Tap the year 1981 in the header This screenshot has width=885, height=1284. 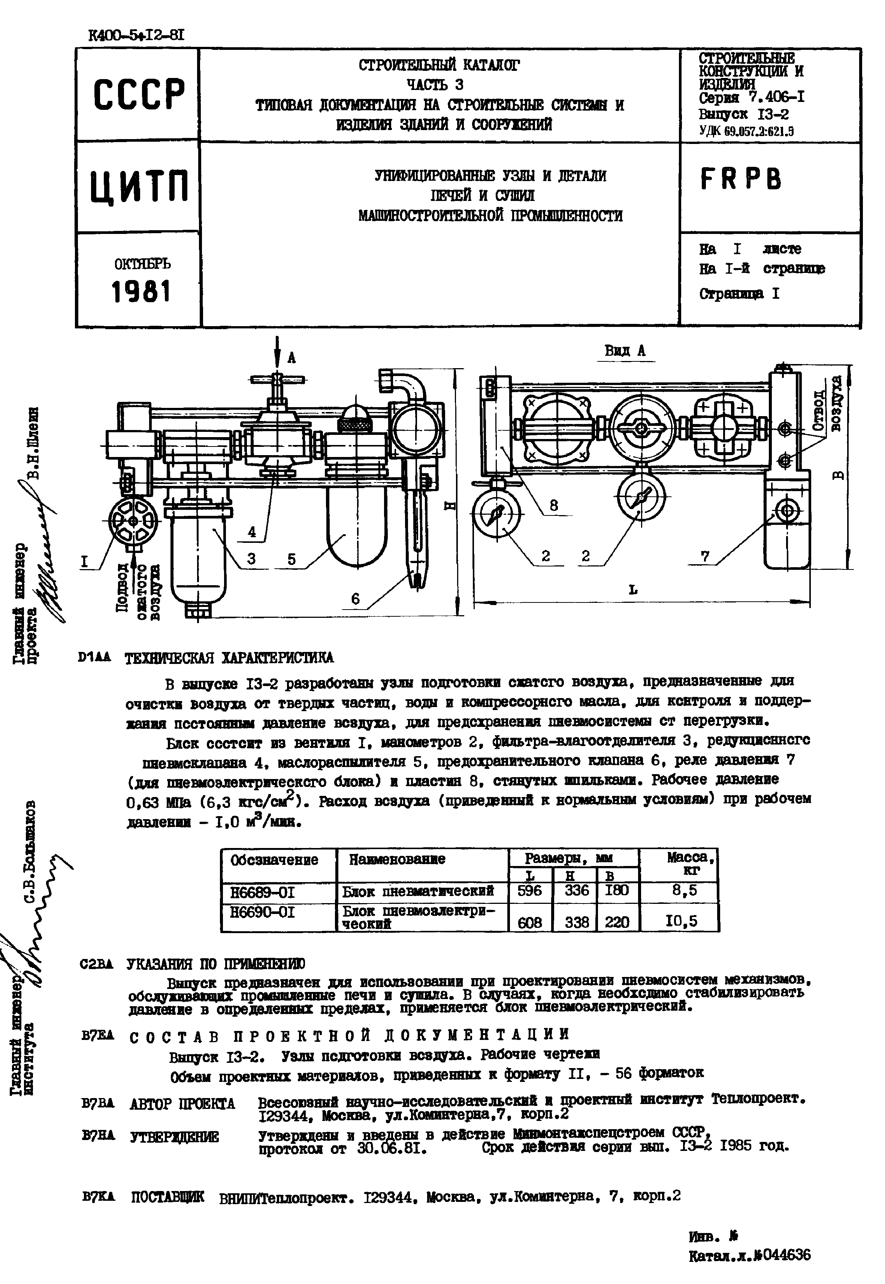tap(140, 291)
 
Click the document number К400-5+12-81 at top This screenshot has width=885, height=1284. tap(136, 36)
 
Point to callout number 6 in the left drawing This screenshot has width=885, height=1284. tap(356, 599)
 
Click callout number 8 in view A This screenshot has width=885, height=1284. tap(553, 505)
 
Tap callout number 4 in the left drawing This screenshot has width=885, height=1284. tap(252, 532)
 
